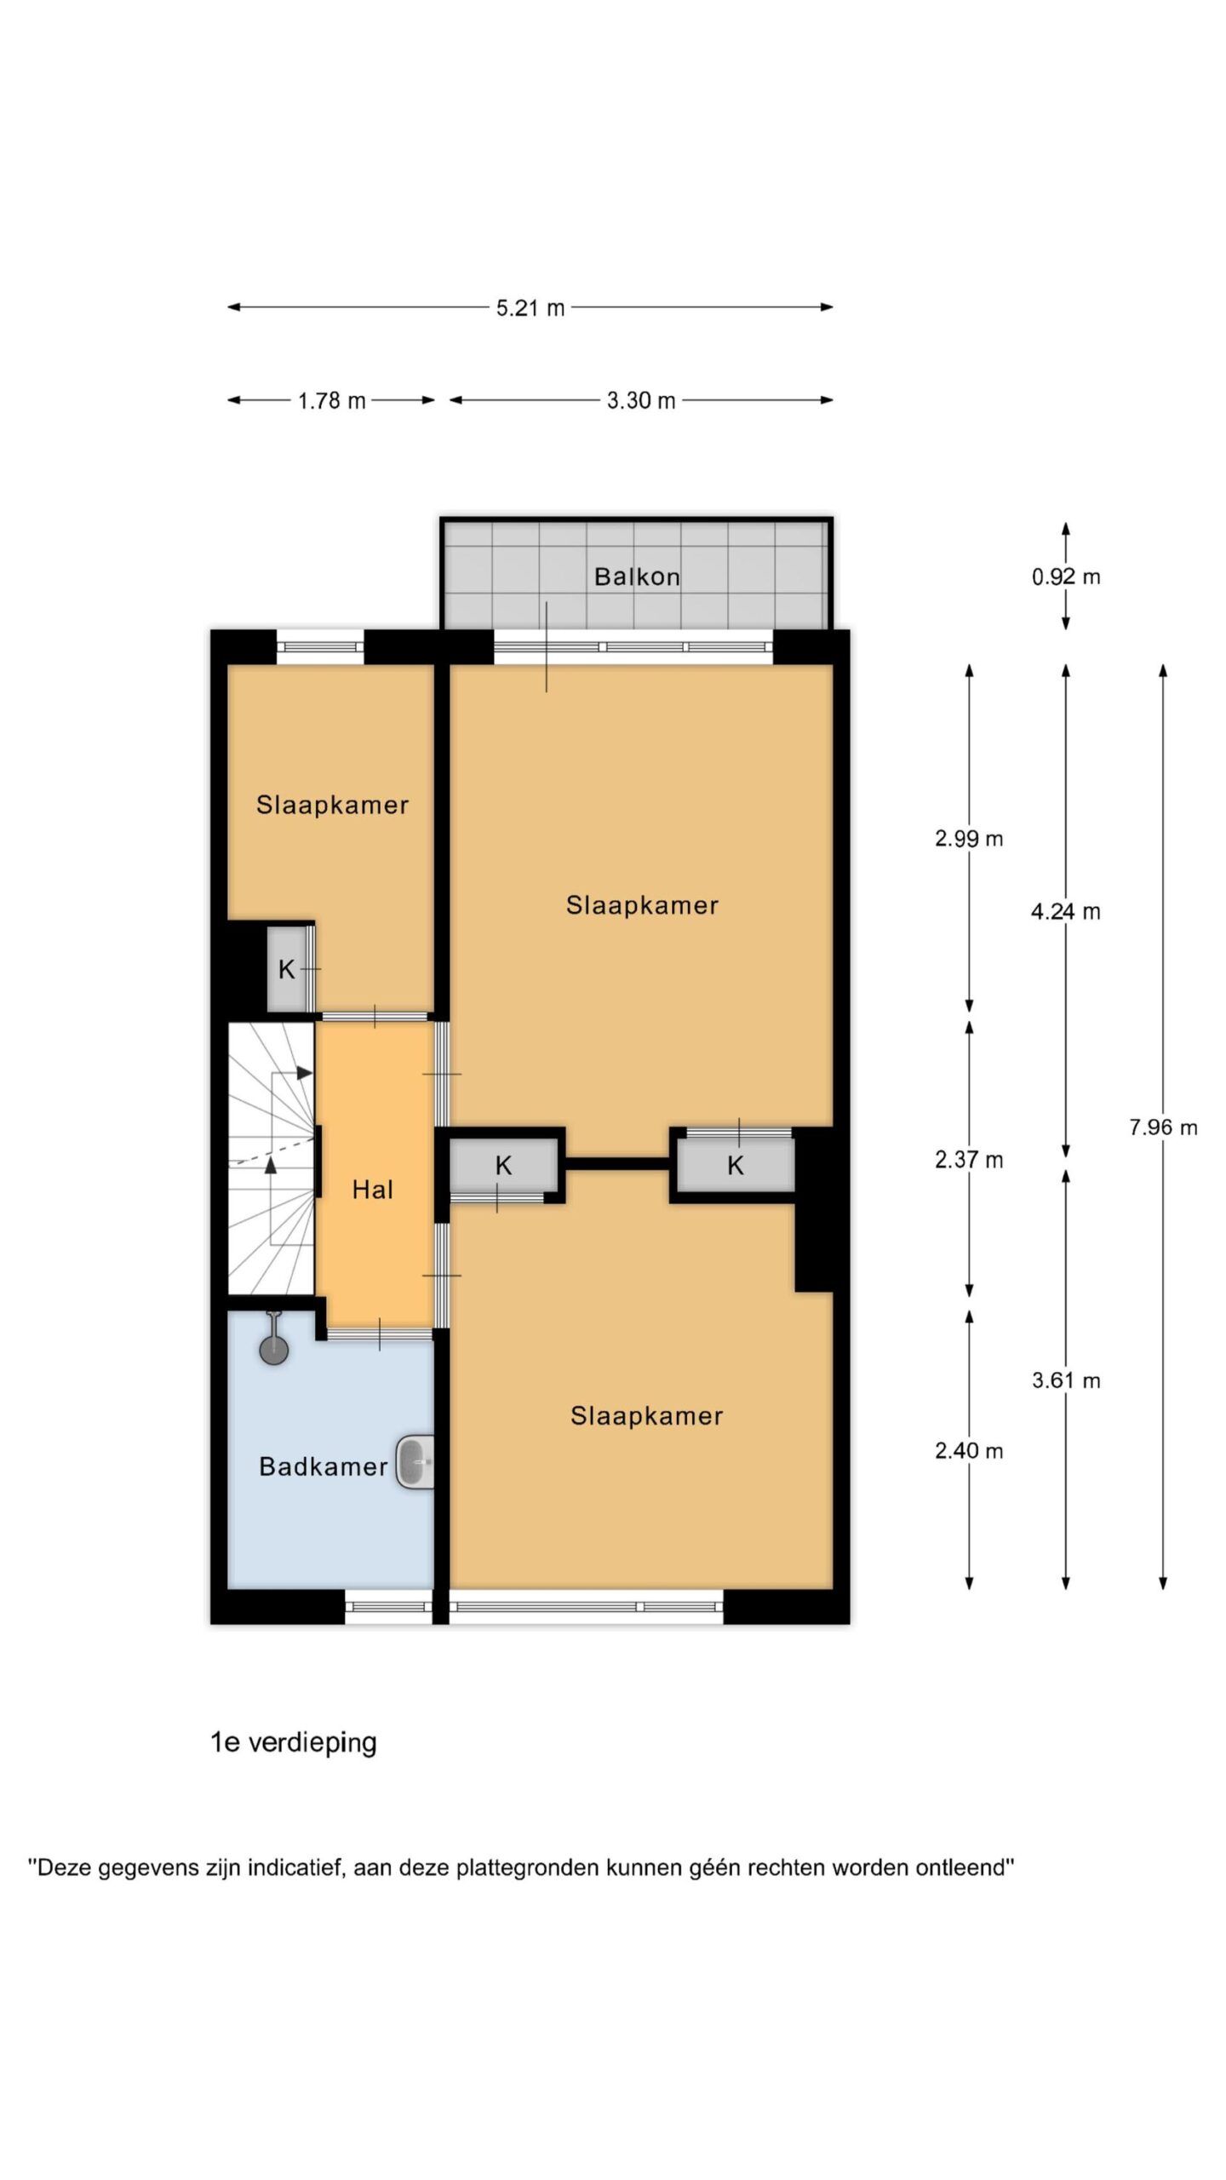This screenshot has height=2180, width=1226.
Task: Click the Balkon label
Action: pos(637,577)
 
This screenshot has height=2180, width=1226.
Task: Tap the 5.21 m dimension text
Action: pos(530,307)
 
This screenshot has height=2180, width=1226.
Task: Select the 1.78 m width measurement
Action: pos(331,400)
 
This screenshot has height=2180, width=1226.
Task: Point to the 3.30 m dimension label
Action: pos(640,400)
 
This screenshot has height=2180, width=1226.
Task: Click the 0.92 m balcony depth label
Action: pos(1066,577)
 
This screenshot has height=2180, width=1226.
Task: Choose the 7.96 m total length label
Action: pos(1163,1127)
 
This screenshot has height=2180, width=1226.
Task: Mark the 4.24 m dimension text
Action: pos(1066,912)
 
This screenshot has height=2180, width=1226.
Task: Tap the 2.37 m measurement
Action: pos(969,1160)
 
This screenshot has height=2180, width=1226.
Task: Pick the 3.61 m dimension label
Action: pos(1066,1380)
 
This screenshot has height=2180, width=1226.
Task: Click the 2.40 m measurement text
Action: pos(969,1450)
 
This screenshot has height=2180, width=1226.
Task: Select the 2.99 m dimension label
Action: pos(969,839)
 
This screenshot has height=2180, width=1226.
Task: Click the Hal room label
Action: pos(373,1190)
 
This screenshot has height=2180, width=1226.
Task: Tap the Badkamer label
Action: pos(324,1466)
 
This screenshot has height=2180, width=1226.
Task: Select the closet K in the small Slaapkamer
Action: pos(287,969)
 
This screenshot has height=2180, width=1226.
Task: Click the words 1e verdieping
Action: pos(294,1742)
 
